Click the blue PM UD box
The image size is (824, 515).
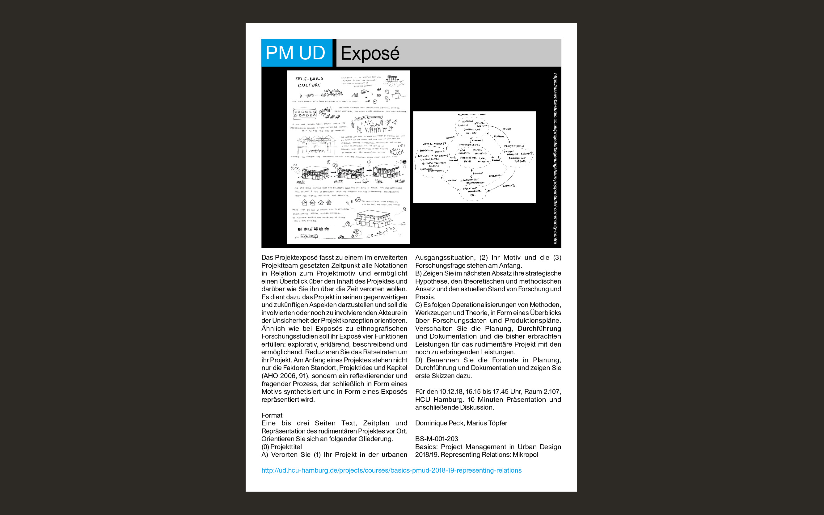[x=296, y=53]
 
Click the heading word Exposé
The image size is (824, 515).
[x=370, y=53]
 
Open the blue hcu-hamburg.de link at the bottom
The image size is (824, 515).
[x=391, y=471]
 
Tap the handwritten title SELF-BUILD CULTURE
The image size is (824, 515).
[x=309, y=82]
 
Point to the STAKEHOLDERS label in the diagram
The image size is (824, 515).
[x=469, y=145]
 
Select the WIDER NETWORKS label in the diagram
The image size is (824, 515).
[x=434, y=144]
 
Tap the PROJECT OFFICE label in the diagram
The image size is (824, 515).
[x=514, y=146]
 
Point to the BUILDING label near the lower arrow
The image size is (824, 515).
[x=509, y=186]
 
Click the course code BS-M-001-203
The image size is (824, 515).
[x=436, y=439]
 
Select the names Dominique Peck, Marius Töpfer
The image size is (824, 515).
[x=461, y=423]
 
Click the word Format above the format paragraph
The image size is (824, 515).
[x=272, y=415]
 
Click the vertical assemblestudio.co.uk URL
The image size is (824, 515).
[x=555, y=158]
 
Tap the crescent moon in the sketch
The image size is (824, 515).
[x=329, y=162]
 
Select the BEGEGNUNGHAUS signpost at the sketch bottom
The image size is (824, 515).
[x=309, y=236]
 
